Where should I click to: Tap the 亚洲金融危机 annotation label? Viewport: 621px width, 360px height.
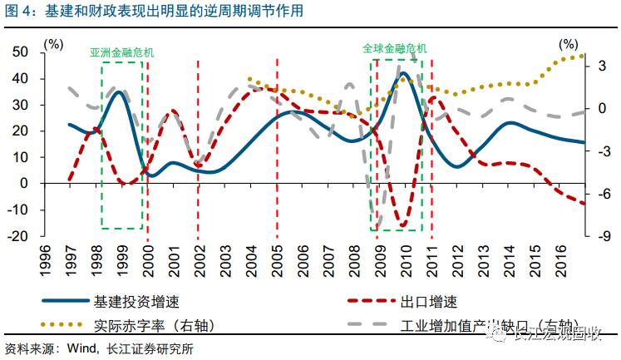[x=122, y=52]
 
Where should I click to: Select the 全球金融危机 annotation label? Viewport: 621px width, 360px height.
[x=395, y=48]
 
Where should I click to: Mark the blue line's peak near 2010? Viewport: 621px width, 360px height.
[x=403, y=73]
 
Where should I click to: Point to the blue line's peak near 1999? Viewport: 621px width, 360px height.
[x=120, y=91]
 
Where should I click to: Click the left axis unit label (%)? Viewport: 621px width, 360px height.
[x=52, y=42]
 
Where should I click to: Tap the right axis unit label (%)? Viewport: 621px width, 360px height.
[x=569, y=42]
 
